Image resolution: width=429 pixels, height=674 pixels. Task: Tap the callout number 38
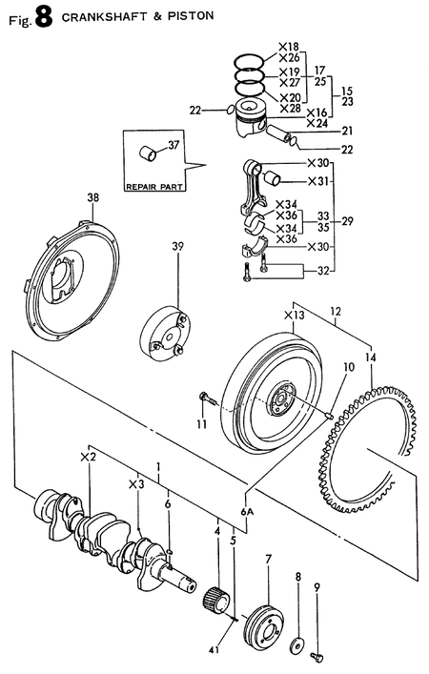92,199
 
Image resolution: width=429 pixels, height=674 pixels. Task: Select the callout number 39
177,246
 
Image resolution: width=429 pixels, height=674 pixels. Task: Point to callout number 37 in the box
173,146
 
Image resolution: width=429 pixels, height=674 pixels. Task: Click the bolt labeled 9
317,654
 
